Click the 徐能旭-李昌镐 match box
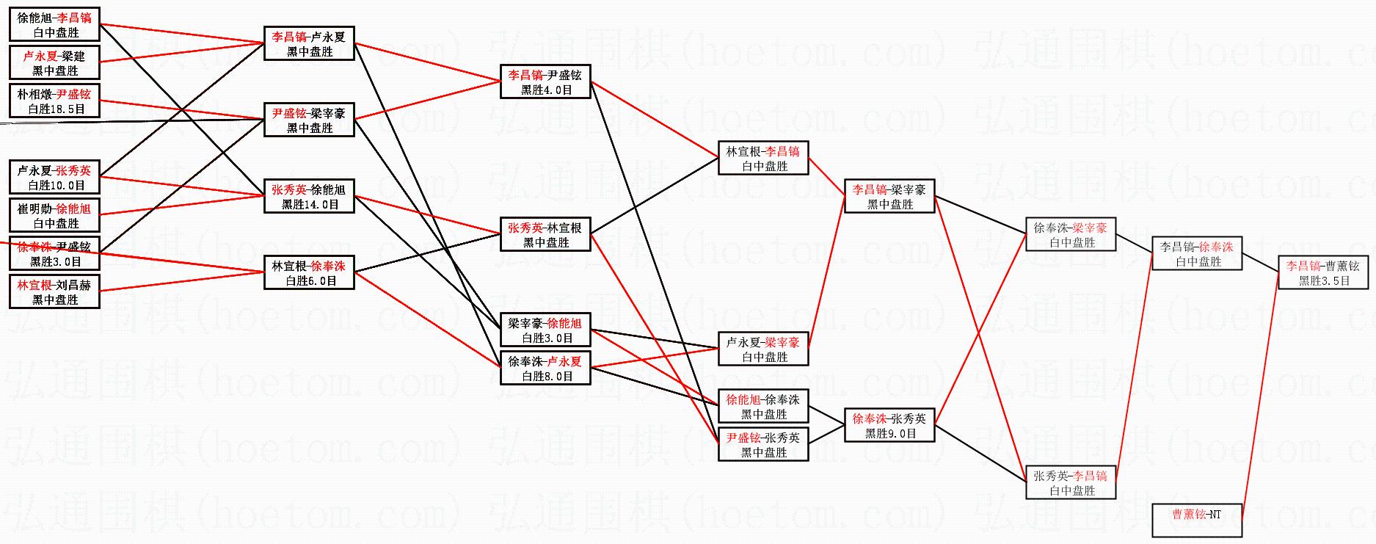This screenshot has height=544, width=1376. (55, 24)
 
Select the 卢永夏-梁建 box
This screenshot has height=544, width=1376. (55, 62)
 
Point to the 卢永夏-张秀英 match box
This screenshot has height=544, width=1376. (55, 177)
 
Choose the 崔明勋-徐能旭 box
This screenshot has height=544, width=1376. (55, 215)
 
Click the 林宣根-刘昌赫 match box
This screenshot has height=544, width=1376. (55, 291)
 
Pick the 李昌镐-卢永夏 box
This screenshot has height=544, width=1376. (309, 43)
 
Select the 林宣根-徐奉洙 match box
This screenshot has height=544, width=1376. (309, 272)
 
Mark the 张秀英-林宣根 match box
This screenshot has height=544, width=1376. (545, 234)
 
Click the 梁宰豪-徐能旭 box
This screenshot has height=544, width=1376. (545, 330)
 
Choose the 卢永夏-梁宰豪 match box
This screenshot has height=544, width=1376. (763, 349)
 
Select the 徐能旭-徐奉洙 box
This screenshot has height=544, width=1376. (763, 406)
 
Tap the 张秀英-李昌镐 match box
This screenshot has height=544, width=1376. (1071, 482)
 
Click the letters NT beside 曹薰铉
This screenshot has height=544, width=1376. (1215, 514)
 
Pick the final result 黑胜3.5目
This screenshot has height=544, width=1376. (1325, 280)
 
